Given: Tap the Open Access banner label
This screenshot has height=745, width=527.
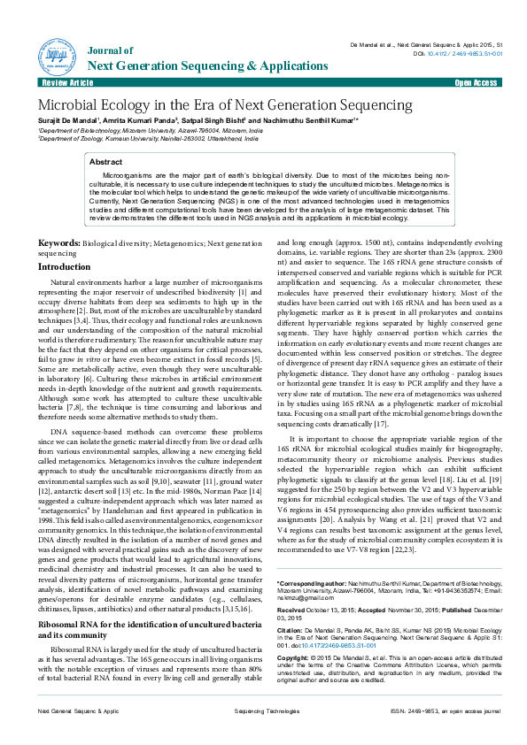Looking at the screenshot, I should [x=476, y=82].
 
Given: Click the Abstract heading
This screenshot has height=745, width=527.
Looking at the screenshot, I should [x=106, y=163].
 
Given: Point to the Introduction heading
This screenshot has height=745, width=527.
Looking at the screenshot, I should [x=70, y=265].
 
